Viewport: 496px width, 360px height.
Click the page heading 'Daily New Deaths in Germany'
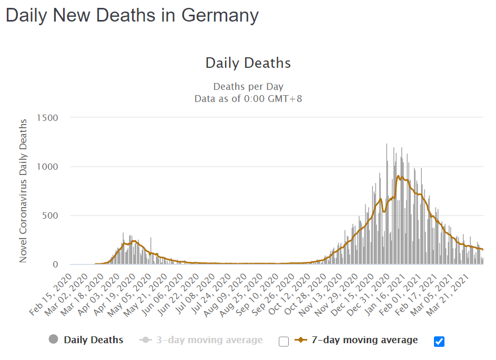coord(132,15)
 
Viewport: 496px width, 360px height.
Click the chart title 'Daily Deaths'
coord(248,63)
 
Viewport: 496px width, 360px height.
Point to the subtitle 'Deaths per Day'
coord(248,87)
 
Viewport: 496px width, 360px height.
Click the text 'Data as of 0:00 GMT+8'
coord(248,98)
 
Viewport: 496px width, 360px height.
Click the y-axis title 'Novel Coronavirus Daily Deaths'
coord(23,191)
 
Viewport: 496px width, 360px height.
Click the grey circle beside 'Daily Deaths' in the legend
coord(53,340)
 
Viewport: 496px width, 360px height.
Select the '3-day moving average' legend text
coord(209,340)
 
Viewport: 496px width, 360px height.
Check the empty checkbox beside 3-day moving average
coord(284,342)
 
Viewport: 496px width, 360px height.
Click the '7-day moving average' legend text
coord(365,340)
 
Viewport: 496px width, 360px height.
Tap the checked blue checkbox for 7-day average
coord(439,342)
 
